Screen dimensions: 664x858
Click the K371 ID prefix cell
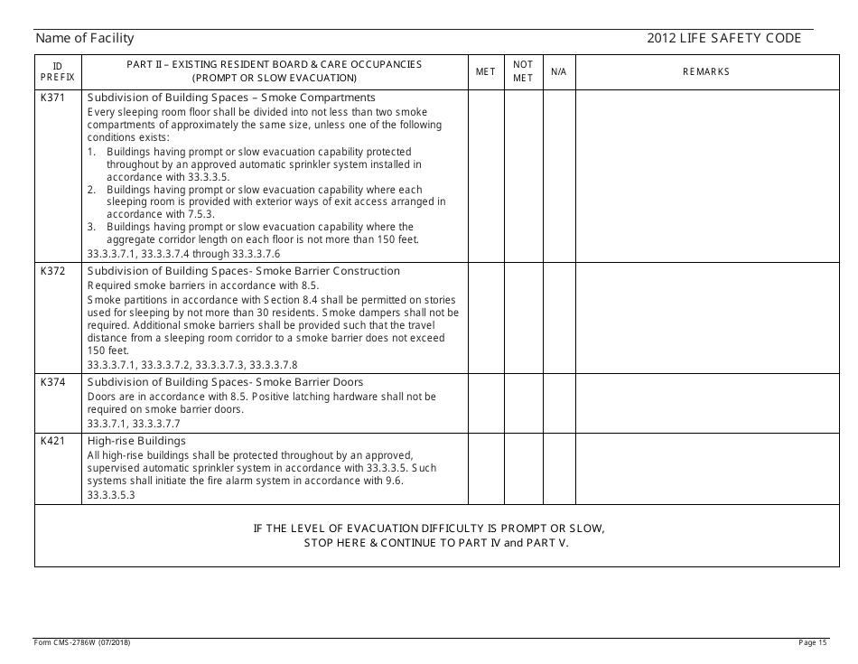[53, 98]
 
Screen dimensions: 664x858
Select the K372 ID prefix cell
[53, 271]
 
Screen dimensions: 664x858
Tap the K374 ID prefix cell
[53, 382]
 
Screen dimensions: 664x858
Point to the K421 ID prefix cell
[53, 441]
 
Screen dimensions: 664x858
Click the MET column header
[486, 71]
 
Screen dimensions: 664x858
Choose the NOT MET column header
[523, 71]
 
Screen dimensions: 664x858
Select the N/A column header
[558, 71]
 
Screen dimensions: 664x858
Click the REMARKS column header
[706, 71]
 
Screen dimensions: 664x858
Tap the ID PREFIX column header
[58, 71]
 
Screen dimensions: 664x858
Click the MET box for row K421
[486, 468]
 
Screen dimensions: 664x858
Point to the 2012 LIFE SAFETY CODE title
[723, 38]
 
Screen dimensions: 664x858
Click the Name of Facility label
[84, 38]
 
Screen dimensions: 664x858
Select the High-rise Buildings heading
[136, 441]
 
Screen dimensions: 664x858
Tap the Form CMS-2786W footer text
[88, 642]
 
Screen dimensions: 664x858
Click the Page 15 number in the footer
[813, 642]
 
